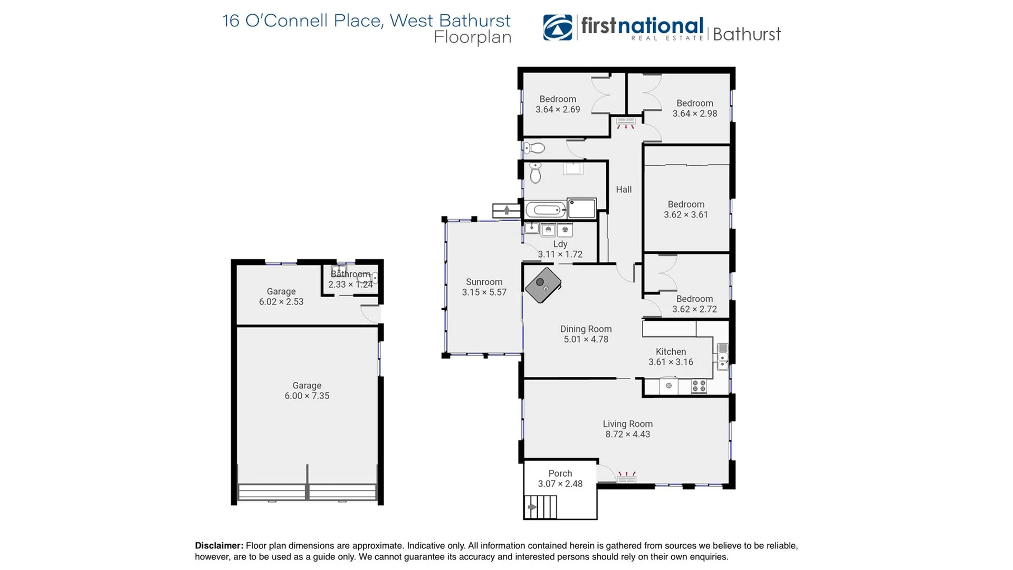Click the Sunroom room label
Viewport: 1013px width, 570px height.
(x=484, y=282)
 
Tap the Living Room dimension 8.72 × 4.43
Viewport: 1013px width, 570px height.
(x=627, y=434)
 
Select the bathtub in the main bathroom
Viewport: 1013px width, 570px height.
(x=546, y=210)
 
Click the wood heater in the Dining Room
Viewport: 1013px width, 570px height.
(x=543, y=285)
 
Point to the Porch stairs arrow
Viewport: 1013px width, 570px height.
(x=532, y=507)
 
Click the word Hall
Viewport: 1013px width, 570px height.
(x=624, y=189)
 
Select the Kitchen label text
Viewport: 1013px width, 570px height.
(x=671, y=351)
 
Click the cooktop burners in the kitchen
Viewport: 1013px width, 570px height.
(x=699, y=386)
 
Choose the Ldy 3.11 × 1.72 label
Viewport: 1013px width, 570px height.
(x=560, y=249)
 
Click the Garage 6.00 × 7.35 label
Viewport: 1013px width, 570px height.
(x=307, y=391)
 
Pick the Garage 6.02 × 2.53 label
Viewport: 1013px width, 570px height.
(x=281, y=297)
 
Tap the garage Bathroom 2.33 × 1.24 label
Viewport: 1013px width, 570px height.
(x=350, y=279)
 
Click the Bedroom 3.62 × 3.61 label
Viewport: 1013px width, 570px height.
(x=685, y=210)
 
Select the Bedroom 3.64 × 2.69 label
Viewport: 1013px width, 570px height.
(x=558, y=104)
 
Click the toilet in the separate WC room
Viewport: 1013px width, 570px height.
(x=534, y=148)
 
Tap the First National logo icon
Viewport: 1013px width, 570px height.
(x=558, y=27)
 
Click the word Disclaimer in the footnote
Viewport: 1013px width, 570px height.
(x=219, y=546)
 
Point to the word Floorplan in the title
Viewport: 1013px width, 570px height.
(x=472, y=37)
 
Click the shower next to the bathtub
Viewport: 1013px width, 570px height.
(x=581, y=208)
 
